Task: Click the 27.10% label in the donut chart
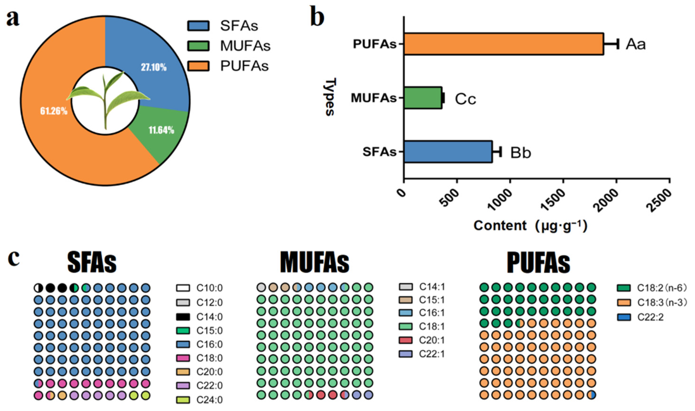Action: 154,67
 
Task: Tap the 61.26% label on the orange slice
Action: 54,111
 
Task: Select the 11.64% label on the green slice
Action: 161,130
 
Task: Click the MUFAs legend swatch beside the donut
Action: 198,46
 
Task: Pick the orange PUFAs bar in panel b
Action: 504,44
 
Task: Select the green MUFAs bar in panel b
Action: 423,98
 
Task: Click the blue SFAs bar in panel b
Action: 448,152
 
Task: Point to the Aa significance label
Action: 636,44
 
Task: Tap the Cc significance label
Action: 465,99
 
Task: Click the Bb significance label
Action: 520,153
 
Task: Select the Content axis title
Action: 530,226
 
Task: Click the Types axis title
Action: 330,97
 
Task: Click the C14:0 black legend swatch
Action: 183,316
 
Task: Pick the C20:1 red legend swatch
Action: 405,340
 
